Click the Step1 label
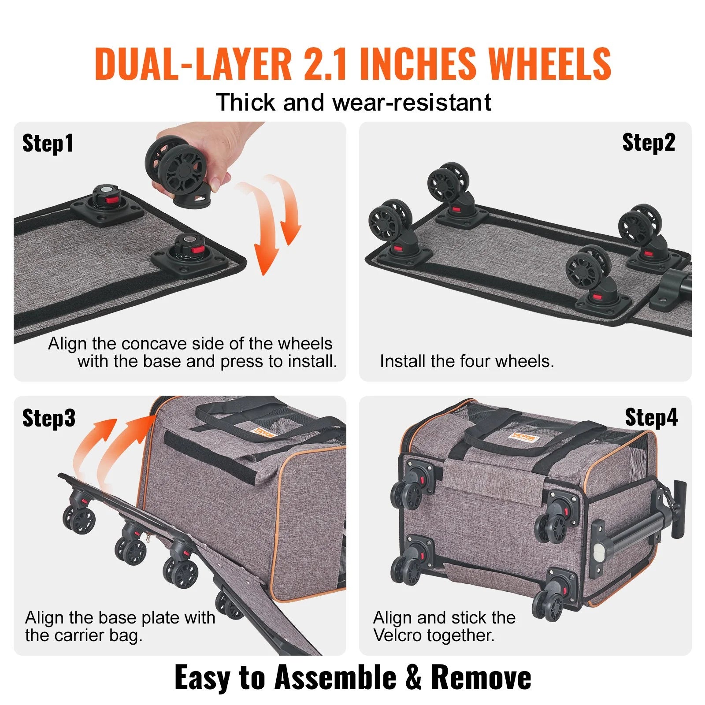click(48, 144)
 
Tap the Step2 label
click(648, 143)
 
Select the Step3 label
click(48, 418)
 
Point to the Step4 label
click(651, 417)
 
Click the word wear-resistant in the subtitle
click(412, 103)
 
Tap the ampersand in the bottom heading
click(413, 677)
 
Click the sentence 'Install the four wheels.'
click(466, 361)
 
